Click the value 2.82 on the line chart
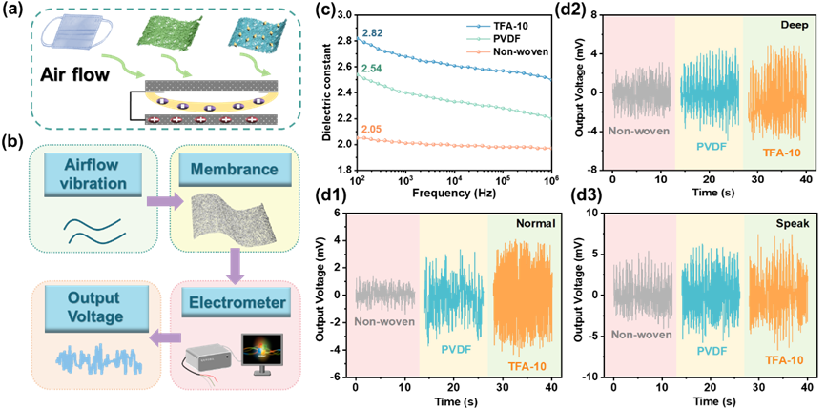372,35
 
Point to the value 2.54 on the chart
372,70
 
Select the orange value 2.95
372,129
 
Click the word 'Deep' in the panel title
792,24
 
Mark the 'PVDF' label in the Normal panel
451,351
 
